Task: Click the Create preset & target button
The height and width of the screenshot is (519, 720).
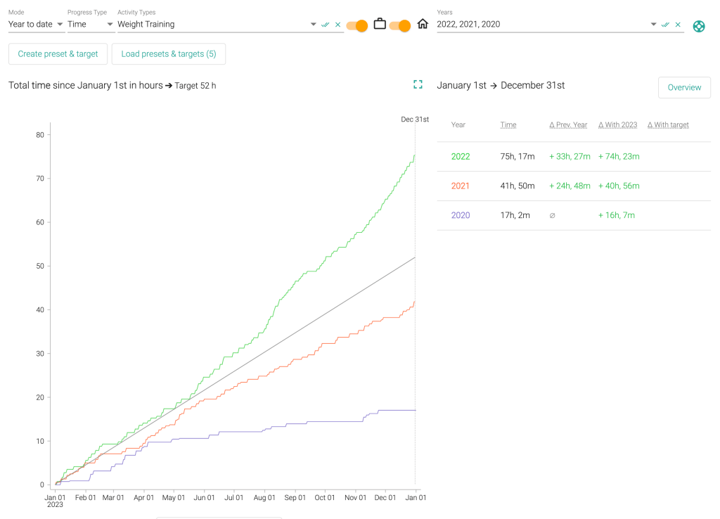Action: point(58,54)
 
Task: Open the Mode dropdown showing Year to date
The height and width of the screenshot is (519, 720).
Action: point(36,25)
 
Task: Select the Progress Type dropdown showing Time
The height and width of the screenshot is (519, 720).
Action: point(91,25)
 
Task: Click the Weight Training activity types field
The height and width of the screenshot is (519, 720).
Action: point(211,25)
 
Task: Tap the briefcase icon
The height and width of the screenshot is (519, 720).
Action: point(380,25)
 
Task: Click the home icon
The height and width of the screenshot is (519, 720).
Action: point(423,25)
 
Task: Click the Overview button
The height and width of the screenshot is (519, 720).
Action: point(684,88)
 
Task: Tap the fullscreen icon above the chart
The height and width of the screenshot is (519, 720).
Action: point(418,85)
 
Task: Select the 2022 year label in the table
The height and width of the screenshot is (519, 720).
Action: point(461,157)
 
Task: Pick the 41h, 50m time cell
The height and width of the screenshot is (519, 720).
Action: point(517,186)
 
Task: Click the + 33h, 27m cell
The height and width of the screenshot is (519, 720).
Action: point(570,157)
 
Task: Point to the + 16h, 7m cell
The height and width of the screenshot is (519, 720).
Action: point(617,215)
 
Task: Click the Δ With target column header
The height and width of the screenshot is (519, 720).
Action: point(668,125)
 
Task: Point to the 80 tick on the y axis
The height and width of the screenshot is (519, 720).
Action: point(40,135)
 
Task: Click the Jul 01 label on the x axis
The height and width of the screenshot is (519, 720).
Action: point(233,498)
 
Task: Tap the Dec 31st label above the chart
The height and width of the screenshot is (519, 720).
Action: point(415,120)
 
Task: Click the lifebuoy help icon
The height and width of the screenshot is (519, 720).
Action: point(699,26)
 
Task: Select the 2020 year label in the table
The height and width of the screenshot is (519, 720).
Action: point(461,215)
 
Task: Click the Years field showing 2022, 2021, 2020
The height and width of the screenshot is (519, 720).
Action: point(541,25)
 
